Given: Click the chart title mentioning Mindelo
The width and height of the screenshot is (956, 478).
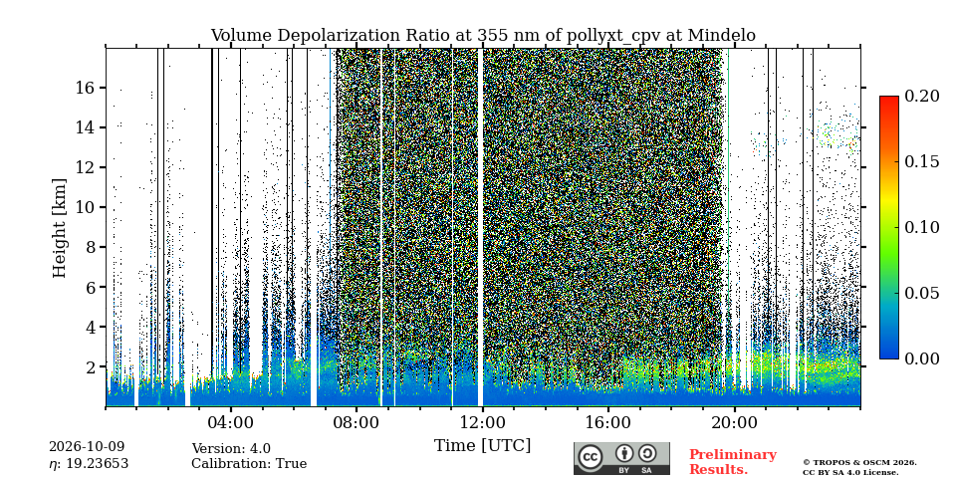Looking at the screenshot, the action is coord(483,36).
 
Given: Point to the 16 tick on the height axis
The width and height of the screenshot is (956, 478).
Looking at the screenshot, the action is coord(85,88).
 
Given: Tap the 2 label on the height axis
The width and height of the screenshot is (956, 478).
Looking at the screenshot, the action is coord(91,367).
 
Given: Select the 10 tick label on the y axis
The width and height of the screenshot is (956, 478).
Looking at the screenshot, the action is coord(85,207).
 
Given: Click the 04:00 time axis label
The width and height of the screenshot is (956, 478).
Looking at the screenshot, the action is coord(231,422).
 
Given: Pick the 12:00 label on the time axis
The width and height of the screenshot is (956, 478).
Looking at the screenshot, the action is coord(483,422).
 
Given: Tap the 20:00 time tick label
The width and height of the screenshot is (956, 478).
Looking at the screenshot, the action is coord(735,422).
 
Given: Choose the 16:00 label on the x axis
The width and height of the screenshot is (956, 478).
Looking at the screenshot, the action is coord(609,422).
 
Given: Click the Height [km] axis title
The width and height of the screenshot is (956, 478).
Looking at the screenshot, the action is coord(59,228).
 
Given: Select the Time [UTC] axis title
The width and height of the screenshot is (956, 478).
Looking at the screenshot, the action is coord(483,446).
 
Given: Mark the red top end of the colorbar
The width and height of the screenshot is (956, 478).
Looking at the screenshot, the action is coord(889,98).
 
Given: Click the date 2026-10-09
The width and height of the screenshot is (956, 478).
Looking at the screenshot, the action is coord(87,447).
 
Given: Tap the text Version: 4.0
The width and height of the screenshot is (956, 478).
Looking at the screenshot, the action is coord(231,449).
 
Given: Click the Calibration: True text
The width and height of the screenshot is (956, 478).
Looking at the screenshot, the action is coord(249,464).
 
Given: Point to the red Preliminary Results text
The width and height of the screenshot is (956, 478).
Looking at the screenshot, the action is coord(733,461).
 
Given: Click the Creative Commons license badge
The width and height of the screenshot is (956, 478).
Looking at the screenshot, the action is coord(621,458).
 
